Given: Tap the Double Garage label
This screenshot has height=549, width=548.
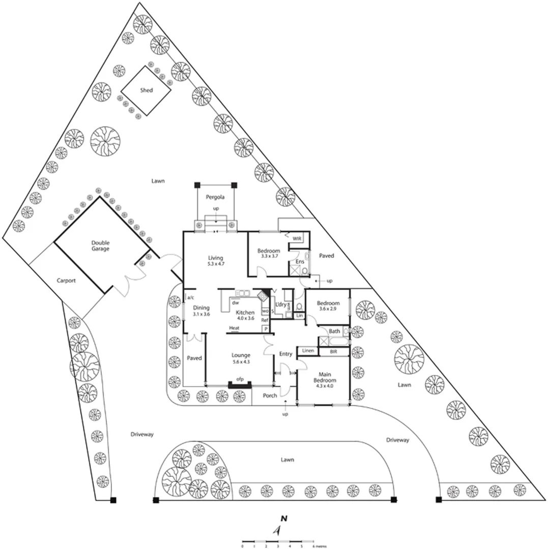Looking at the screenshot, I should [100, 246].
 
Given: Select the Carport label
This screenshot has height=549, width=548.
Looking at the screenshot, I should [66, 280].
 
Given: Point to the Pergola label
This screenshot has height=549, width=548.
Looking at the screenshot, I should [215, 197].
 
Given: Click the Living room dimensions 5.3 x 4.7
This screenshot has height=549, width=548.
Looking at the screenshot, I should [216, 264].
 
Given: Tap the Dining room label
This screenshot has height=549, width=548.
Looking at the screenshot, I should [201, 308].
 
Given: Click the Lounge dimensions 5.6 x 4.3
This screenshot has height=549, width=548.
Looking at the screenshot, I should [241, 361].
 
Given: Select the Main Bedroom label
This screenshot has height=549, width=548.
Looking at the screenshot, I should [324, 377].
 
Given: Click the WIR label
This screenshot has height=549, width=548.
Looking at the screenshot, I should [297, 238].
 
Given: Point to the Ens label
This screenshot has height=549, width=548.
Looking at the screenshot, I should [300, 262].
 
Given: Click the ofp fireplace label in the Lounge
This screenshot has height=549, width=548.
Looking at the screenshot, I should [239, 379].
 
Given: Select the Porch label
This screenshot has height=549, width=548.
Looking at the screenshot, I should [270, 395].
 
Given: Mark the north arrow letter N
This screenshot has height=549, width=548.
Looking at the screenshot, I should [284, 519].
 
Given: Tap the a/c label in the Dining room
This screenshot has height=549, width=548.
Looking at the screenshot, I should [191, 297].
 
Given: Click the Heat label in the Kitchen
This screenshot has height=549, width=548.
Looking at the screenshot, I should [234, 328].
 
